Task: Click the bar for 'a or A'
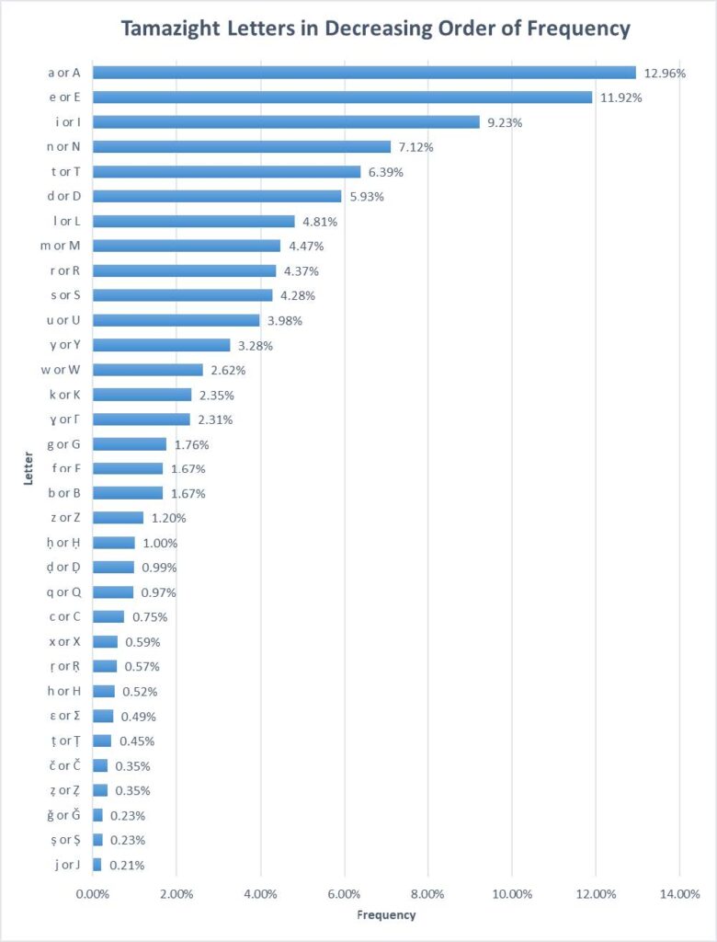coord(364,72)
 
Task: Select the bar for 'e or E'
coord(342,97)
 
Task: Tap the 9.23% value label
coord(504,121)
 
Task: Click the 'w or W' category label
coord(63,370)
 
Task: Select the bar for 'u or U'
coord(176,320)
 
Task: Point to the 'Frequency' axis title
coord(385,915)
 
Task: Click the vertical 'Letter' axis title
coord(29,469)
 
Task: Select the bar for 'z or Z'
coord(118,518)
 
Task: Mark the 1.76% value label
coord(191,444)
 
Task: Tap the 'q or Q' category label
coord(63,592)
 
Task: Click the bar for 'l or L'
coord(193,221)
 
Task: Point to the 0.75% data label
coord(148,617)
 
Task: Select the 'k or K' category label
coord(64,395)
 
